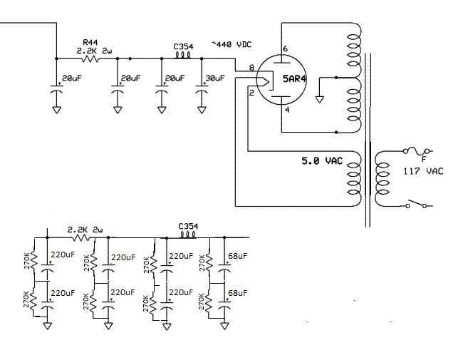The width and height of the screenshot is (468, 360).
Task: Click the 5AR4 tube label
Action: [295, 79]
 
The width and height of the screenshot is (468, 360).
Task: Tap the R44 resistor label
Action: [90, 42]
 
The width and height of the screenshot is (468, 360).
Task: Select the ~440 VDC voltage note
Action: [232, 44]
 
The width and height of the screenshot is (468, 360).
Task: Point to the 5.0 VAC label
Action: [322, 161]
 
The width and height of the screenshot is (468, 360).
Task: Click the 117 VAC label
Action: [424, 171]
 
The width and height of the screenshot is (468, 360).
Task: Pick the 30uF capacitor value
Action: [215, 78]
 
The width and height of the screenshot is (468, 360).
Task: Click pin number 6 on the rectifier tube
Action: [286, 48]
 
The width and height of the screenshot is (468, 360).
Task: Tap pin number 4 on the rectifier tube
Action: [287, 110]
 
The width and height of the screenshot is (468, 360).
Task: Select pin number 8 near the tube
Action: [251, 68]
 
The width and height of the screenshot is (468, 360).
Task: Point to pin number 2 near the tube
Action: [251, 93]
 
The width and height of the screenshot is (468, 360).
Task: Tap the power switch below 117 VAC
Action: [416, 204]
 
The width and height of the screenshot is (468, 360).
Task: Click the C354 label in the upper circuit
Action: [183, 46]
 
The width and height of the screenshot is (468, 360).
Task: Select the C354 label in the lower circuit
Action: [188, 226]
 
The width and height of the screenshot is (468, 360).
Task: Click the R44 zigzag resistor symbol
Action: [90, 59]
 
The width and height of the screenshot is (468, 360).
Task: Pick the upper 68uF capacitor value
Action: [238, 256]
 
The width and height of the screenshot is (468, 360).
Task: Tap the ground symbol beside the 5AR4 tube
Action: [320, 99]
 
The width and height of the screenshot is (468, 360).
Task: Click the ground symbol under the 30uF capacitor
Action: [202, 110]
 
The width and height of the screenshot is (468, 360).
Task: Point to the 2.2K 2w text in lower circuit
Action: [85, 230]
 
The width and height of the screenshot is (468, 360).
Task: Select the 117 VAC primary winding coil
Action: [382, 179]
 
